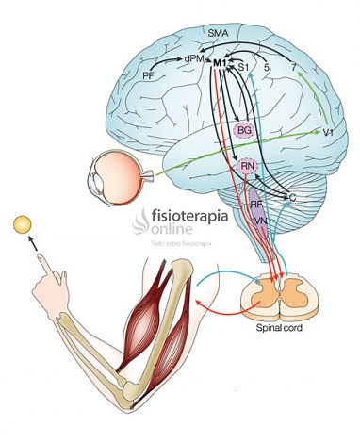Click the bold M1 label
pos(221,62)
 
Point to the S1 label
pos(243,67)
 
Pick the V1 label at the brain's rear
pos(329,134)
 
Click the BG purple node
pos(244,129)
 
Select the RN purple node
pos(248,167)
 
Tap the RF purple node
pos(255,203)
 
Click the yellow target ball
pos(22,225)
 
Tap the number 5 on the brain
pos(268,67)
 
